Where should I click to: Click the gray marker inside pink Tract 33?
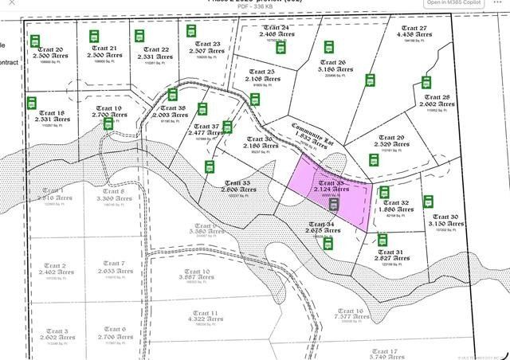[335, 204]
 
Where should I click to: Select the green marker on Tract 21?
[93, 34]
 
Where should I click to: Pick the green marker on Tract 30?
[429, 202]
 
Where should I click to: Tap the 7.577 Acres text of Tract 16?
[351, 318]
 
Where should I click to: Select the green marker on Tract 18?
[32, 104]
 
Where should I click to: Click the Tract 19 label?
[108, 108]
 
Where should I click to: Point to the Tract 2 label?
[53, 265]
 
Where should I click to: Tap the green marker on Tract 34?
[328, 243]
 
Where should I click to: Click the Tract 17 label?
[384, 350]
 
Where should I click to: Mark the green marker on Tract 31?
[383, 239]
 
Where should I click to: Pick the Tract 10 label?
[196, 272]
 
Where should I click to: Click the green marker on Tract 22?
[139, 35]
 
